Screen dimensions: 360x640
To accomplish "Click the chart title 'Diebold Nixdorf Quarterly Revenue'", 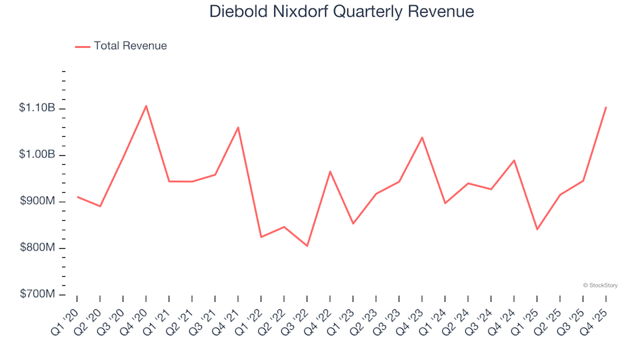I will tap(341, 12).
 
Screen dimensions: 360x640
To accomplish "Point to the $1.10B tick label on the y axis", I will tap(37, 109).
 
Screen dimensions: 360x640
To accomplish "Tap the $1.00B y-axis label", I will tap(37, 155).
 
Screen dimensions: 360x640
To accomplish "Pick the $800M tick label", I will tap(38, 248).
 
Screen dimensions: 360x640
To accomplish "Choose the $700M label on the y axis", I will tap(38, 295).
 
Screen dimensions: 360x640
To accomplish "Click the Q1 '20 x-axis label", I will tap(67, 313).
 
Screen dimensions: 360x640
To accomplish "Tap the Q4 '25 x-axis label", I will tap(596, 313).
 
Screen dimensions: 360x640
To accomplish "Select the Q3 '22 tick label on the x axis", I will tap(297, 313).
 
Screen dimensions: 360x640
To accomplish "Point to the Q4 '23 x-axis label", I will tap(412, 313).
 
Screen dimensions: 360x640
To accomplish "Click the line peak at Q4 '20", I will tap(146, 105).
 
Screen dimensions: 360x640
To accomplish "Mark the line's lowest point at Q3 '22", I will tap(307, 246).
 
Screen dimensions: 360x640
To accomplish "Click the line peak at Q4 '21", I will tap(238, 127).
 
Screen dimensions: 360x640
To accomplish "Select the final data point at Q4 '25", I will tap(606, 107).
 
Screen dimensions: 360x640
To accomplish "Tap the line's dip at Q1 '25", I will tap(537, 229).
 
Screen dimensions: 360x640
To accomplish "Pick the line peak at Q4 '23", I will tap(422, 137).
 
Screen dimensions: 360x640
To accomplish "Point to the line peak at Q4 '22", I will tap(330, 171).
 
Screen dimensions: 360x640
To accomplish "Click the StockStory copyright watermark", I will tap(600, 285).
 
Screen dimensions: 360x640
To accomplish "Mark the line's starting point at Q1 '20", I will tap(77, 197).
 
